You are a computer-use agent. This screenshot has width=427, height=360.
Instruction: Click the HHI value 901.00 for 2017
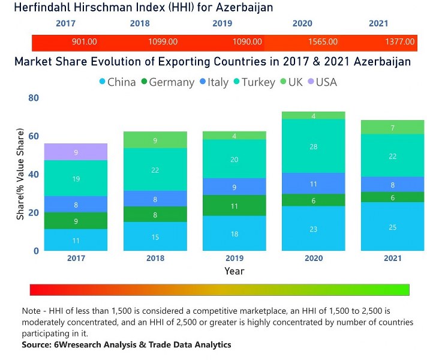84,42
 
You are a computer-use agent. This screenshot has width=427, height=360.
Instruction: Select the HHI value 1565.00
324,42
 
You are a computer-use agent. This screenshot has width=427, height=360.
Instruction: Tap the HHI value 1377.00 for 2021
400,42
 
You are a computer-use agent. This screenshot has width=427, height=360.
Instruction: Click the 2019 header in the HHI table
222,24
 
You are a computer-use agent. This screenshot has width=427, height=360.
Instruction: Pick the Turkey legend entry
254,82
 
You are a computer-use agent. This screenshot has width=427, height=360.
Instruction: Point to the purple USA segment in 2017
76,152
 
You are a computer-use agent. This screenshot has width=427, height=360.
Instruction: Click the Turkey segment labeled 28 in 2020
313,146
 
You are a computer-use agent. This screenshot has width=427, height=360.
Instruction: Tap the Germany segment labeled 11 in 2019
234,206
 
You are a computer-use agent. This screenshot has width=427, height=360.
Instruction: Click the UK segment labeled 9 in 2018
155,140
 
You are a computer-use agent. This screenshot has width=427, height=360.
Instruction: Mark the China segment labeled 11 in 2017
76,240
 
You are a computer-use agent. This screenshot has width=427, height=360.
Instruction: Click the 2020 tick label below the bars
313,258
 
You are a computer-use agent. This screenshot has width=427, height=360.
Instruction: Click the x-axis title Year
234,271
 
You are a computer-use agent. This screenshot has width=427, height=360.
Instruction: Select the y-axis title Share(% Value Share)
20,174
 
